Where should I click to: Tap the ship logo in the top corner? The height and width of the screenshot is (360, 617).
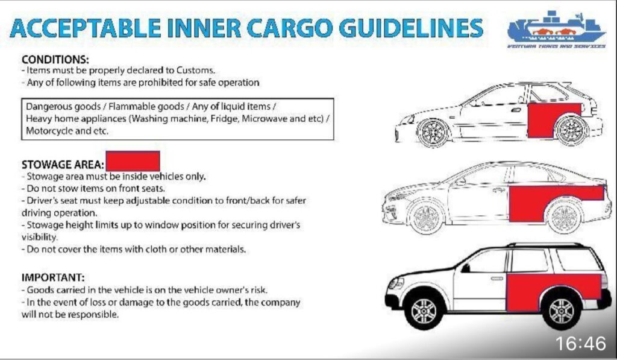[x=556, y=30]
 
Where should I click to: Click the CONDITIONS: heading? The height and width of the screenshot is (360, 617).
[x=55, y=60]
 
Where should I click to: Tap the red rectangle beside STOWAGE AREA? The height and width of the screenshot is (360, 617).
[x=133, y=161]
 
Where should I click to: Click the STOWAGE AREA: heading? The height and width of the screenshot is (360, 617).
[x=63, y=164]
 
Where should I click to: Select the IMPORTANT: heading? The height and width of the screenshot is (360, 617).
[x=53, y=277]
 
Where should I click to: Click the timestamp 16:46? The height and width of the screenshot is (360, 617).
[x=580, y=343]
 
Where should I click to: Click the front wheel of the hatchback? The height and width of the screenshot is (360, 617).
[x=433, y=133]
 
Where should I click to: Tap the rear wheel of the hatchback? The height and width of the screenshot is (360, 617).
[x=571, y=130]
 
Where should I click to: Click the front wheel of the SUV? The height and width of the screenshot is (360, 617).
[x=424, y=311]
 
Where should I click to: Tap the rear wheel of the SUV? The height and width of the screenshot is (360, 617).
[x=562, y=310]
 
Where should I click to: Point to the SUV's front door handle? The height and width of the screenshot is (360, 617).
[x=497, y=279]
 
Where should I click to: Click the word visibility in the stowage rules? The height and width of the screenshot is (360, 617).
[x=39, y=237]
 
